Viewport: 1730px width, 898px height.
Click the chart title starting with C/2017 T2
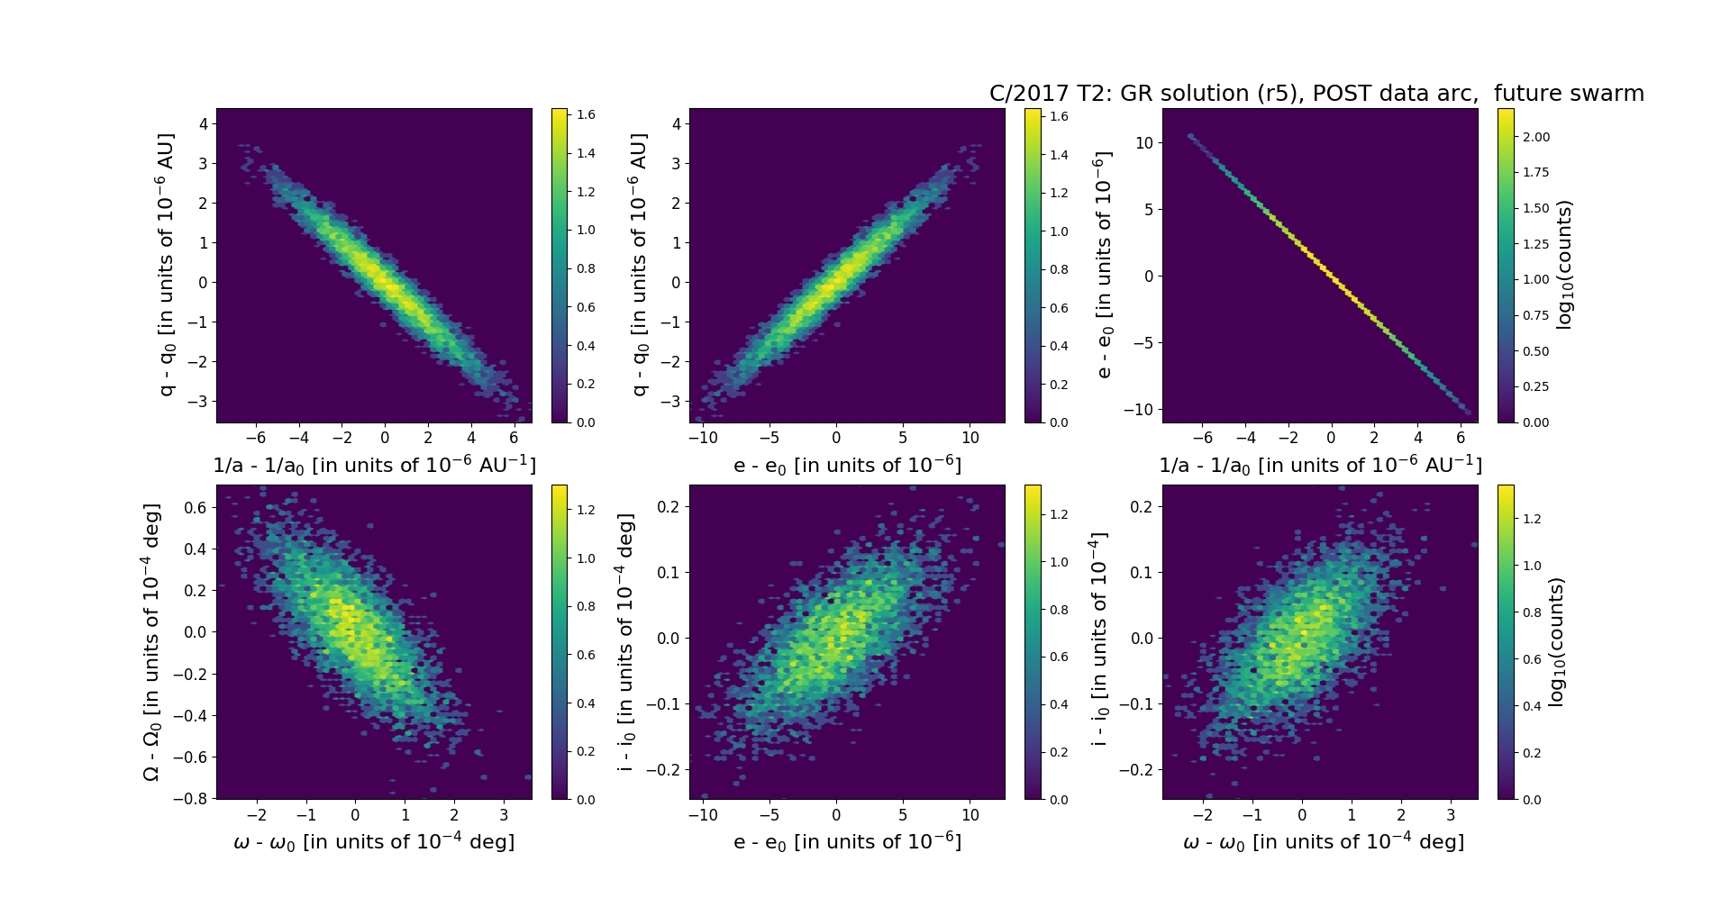(1316, 94)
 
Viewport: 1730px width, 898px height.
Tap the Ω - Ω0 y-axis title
(151, 641)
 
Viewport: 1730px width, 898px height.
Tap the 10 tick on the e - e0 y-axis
(1144, 142)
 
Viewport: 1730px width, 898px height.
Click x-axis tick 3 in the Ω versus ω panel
(504, 815)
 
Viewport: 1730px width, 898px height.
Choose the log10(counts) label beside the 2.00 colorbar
(1564, 265)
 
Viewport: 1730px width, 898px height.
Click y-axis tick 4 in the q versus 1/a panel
(204, 123)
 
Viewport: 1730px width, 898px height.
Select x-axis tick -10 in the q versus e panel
(703, 439)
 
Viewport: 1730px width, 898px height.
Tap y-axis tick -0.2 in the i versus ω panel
(1137, 769)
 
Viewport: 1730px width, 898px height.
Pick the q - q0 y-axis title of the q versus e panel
(639, 265)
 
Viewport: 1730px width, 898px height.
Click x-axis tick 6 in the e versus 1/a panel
(1461, 439)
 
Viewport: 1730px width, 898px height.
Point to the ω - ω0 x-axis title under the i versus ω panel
(1323, 842)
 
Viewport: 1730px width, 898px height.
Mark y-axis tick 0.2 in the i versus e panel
(668, 506)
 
